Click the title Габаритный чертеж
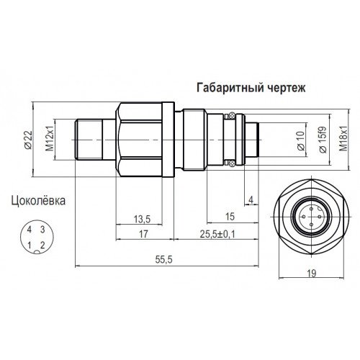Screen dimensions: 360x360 click(x=251, y=88)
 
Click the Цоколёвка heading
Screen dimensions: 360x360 click(x=38, y=201)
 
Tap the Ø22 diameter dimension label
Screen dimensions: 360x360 click(x=28, y=140)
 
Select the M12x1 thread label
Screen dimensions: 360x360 click(x=50, y=139)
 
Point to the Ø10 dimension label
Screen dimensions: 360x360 click(x=301, y=141)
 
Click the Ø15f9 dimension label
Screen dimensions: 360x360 click(x=323, y=140)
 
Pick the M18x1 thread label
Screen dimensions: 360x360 click(x=343, y=139)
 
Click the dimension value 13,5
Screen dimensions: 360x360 click(x=142, y=219)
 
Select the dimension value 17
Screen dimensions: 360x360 click(x=143, y=234)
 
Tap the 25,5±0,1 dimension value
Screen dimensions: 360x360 click(x=217, y=234)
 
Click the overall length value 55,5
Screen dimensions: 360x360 click(x=164, y=260)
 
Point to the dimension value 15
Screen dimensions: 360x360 click(x=230, y=217)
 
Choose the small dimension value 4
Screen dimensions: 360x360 click(x=251, y=200)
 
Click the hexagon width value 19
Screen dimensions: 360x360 click(x=312, y=274)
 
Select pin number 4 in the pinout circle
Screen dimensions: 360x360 click(x=30, y=230)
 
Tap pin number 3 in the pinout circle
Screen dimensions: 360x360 click(x=42, y=230)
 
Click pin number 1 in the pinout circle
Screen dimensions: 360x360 click(x=30, y=246)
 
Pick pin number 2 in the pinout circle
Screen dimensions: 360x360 click(x=42, y=246)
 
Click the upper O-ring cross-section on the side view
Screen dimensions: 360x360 click(x=232, y=116)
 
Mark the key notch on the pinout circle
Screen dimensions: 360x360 click(x=37, y=251)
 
